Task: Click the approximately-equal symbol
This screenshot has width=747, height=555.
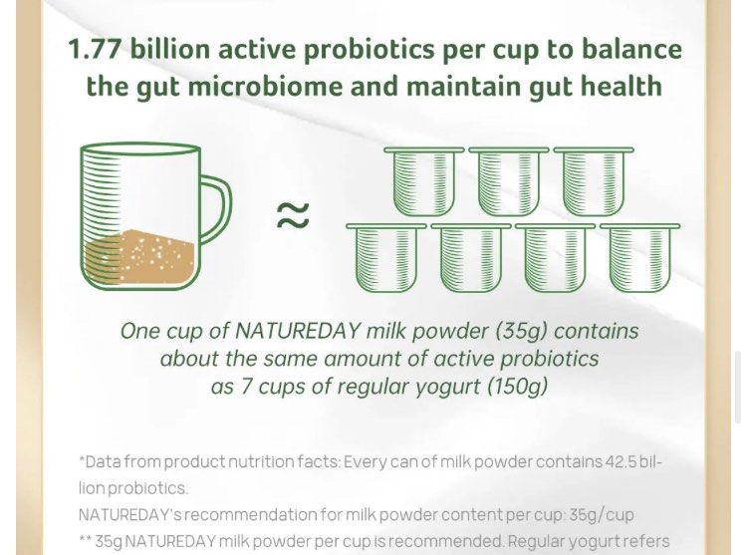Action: pyautogui.click(x=292, y=215)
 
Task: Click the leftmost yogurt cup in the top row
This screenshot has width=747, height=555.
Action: pyautogui.click(x=423, y=181)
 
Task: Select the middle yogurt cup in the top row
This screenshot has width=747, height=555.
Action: pyautogui.click(x=508, y=181)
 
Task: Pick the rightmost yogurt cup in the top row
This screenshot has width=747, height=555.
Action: pyautogui.click(x=593, y=181)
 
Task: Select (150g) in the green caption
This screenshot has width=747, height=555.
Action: pyautogui.click(x=517, y=386)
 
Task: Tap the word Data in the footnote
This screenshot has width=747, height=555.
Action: pyautogui.click(x=104, y=462)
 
